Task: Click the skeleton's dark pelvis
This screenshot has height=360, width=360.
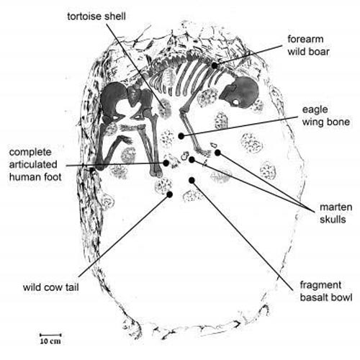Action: point(119,101)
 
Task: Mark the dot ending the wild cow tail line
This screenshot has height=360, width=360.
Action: point(170,194)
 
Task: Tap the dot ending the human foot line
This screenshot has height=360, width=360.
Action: point(166,163)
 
